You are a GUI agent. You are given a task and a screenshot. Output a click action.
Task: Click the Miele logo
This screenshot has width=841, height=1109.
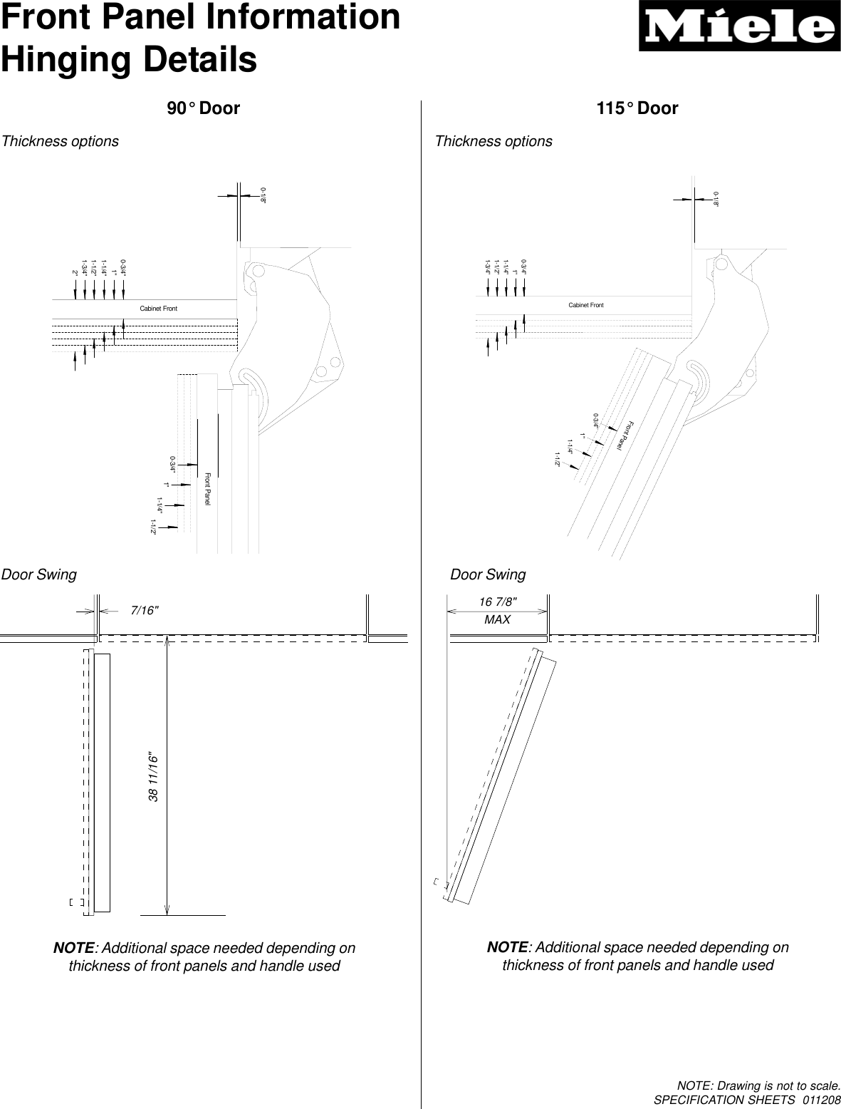click(738, 28)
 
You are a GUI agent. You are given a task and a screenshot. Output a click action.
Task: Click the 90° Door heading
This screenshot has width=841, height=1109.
click(203, 108)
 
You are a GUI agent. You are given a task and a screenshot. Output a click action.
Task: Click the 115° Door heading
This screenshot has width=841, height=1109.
click(637, 108)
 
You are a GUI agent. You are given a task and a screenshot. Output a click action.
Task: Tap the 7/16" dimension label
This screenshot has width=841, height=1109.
click(145, 610)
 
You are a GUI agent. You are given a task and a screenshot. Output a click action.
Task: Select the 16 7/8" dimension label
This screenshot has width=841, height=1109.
click(497, 602)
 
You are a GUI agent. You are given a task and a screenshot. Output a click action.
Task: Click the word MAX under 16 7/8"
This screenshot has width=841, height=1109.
click(497, 620)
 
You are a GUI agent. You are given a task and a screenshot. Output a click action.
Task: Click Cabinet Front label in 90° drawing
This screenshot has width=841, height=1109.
click(158, 309)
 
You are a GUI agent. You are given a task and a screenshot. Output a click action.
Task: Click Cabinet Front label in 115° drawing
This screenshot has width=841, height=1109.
click(585, 305)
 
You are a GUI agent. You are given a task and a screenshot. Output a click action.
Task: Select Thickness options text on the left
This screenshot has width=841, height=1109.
click(61, 141)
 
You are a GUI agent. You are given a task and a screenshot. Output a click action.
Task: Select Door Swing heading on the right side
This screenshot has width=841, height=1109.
click(488, 574)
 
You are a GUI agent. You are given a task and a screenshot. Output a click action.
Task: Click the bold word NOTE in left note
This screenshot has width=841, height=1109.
click(74, 949)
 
